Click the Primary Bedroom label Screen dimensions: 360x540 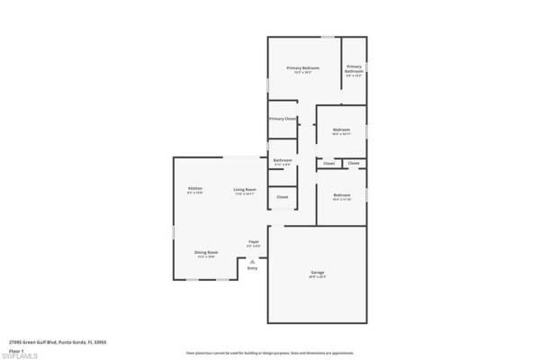tap(303, 68)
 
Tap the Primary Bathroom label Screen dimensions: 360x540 tap(354, 67)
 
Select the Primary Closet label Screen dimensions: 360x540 tap(283, 119)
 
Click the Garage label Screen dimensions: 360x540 tap(317, 272)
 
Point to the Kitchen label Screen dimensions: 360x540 tap(194, 188)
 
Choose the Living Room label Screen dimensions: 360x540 tap(245, 189)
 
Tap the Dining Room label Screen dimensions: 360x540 tap(206, 252)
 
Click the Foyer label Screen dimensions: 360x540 tap(255, 241)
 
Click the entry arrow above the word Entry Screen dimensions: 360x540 tap(252, 262)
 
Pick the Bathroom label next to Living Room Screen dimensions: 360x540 tap(283, 160)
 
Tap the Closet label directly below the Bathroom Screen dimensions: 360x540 tap(282, 197)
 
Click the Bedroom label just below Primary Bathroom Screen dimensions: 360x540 tap(341, 130)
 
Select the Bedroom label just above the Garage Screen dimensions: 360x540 tap(341, 195)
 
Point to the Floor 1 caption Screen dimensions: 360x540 tap(15, 349)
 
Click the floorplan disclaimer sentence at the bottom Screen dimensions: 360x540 tap(270, 352)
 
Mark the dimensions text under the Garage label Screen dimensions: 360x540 tap(317, 276)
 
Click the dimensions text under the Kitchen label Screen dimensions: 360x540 tap(194, 193)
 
